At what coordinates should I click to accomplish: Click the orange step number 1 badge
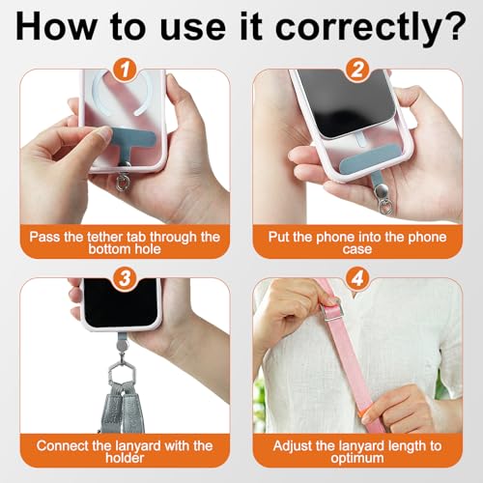point(125,70)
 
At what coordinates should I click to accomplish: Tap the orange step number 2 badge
point(357,70)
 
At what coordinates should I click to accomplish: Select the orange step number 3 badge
point(125,278)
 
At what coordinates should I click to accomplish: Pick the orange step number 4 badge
point(357,278)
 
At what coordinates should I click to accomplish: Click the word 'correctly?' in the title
point(371,27)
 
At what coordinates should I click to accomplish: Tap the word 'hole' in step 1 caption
point(148,249)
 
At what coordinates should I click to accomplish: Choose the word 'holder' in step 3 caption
point(125,458)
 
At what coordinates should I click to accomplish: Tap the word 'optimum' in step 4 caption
point(357,459)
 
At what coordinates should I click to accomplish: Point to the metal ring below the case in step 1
point(124,182)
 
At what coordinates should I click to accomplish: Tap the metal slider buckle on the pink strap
point(330,311)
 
